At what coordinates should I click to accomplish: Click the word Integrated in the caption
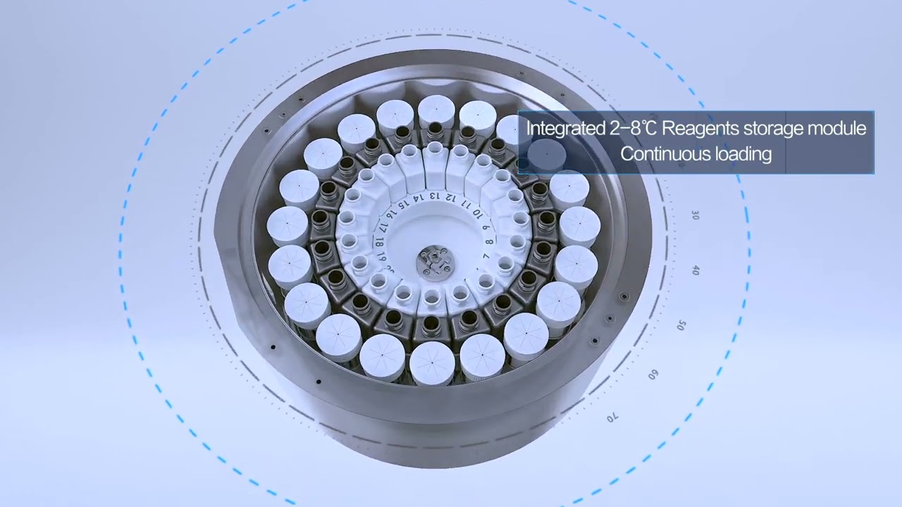point(564,129)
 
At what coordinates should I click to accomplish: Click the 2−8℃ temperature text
point(631,128)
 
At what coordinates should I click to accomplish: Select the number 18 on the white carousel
point(379,243)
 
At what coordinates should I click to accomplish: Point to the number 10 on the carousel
point(478,213)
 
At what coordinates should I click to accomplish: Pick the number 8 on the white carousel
point(489,242)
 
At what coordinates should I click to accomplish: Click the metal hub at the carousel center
point(433,263)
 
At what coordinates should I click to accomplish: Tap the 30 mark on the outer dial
point(695,215)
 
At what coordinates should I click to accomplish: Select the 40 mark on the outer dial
point(695,270)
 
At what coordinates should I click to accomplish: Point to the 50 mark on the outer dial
point(681,325)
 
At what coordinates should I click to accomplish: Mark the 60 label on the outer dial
point(653,375)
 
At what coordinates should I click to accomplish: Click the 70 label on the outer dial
point(612,418)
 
